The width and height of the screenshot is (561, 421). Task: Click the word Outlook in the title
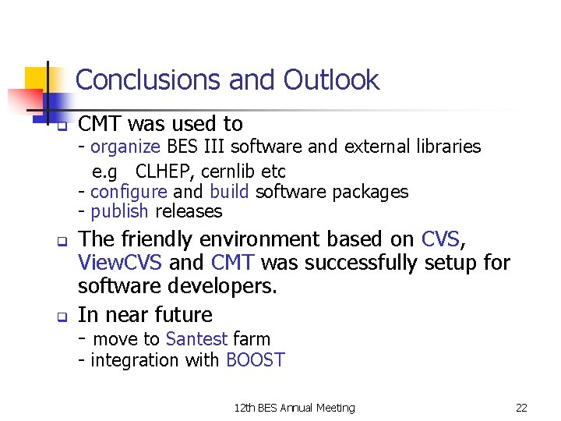click(x=331, y=80)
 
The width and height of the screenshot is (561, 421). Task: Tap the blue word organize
click(x=125, y=147)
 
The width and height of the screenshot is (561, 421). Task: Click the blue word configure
click(x=129, y=192)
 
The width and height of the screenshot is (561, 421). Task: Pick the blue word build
click(x=229, y=192)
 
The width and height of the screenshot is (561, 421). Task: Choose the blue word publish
click(x=120, y=211)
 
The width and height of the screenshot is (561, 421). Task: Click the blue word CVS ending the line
click(x=439, y=239)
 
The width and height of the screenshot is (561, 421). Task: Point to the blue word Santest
click(x=196, y=339)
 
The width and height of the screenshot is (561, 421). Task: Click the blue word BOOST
click(x=255, y=359)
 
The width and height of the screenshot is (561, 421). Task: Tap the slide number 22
click(x=521, y=407)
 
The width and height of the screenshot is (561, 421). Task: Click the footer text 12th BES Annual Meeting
click(x=295, y=407)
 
